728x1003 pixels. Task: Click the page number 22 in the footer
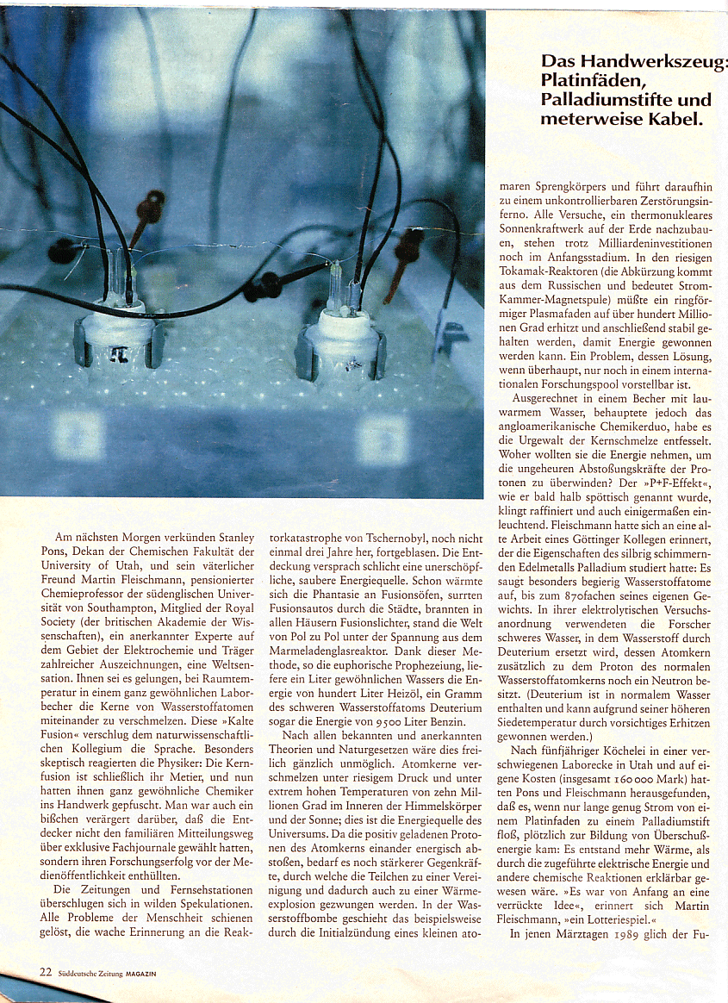46,971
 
